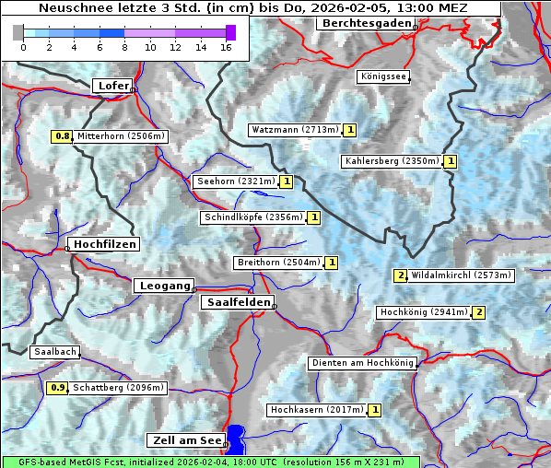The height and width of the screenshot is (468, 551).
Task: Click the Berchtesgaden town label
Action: [x=365, y=23]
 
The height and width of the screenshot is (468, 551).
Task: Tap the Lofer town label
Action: [x=111, y=86]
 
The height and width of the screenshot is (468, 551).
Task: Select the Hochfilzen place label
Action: [x=104, y=244]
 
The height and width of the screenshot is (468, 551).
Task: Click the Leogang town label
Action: [x=164, y=286]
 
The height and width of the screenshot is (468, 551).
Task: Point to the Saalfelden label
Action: [x=237, y=302]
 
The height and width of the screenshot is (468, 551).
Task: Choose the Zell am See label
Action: [x=185, y=440]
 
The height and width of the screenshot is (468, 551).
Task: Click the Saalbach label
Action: [x=54, y=352]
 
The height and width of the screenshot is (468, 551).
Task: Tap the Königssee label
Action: [x=383, y=76]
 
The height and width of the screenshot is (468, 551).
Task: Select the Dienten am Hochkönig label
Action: [x=361, y=363]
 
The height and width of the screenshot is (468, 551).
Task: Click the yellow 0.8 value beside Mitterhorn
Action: [x=62, y=136]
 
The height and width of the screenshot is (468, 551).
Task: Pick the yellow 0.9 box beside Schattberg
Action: [x=57, y=388]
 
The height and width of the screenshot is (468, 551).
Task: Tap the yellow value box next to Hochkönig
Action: [x=478, y=312]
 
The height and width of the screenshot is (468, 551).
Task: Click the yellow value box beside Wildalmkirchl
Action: [x=400, y=275]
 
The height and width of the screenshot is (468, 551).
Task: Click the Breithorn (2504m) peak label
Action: [x=278, y=263]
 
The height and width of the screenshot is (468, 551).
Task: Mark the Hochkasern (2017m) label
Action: [x=316, y=409]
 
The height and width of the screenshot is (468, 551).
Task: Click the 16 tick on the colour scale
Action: [x=225, y=47]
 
